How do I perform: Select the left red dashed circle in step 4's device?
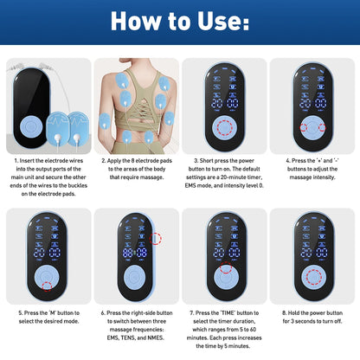coord(305,127)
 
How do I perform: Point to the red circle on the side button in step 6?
coord(156,238)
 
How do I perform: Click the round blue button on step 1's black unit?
coord(31,125)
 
